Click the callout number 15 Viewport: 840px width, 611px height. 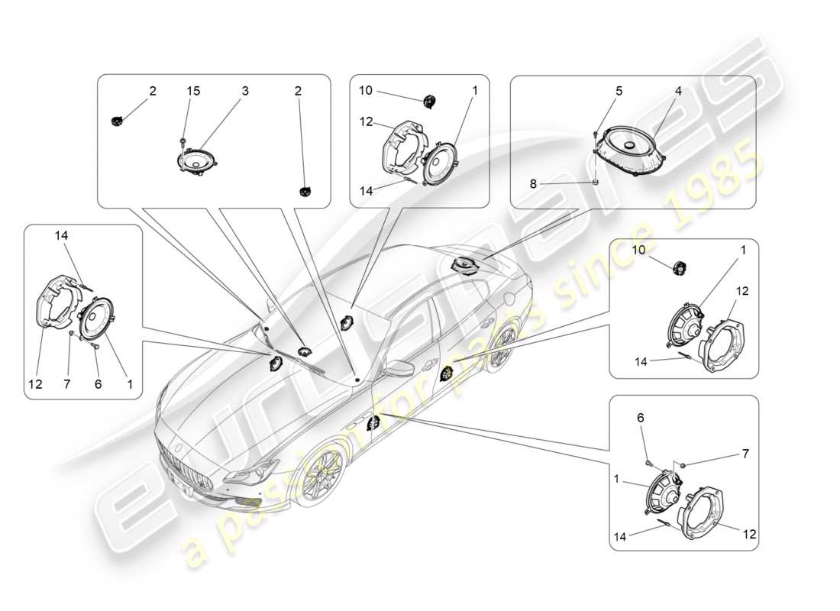point(194,91)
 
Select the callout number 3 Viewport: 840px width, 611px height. point(245,91)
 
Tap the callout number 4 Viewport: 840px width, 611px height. point(677,90)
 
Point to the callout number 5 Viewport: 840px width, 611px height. point(619,90)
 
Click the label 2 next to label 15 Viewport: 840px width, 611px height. point(153,91)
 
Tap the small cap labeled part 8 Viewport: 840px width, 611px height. point(594,183)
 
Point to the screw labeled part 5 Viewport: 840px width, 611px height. point(594,134)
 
